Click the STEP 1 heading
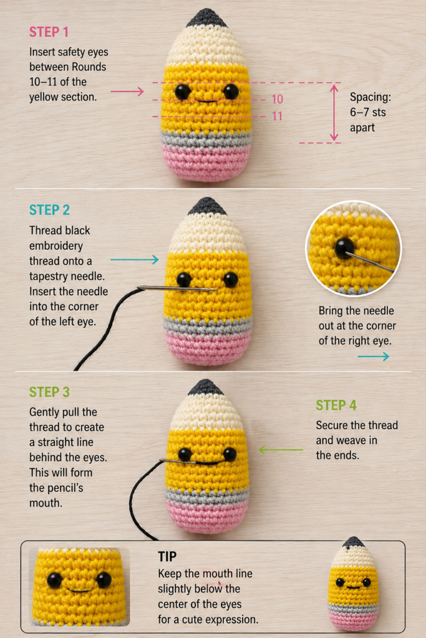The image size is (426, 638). pyautogui.click(x=49, y=32)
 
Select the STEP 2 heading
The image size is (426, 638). pyautogui.click(x=49, y=210)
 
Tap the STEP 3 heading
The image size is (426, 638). pyautogui.click(x=49, y=392)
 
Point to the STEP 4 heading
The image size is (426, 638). pyautogui.click(x=336, y=405)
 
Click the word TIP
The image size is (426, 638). pyautogui.click(x=167, y=556)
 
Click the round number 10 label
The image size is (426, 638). pyautogui.click(x=278, y=99)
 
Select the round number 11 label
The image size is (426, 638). pyautogui.click(x=278, y=117)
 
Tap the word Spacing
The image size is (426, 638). pyautogui.click(x=370, y=97)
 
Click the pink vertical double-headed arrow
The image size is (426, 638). pyautogui.click(x=334, y=113)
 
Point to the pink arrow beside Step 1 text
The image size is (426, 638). pyautogui.click(x=127, y=92)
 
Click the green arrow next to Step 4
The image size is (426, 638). pyautogui.click(x=281, y=450)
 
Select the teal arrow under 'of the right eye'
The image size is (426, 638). pyautogui.click(x=374, y=356)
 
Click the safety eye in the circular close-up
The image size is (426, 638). pyautogui.click(x=344, y=247)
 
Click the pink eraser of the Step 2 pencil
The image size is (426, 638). pyautogui.click(x=208, y=346)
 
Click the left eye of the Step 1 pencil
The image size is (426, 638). pyautogui.click(x=183, y=92)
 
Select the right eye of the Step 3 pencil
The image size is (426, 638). pyautogui.click(x=230, y=454)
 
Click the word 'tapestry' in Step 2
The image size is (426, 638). pyautogui.click(x=47, y=277)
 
